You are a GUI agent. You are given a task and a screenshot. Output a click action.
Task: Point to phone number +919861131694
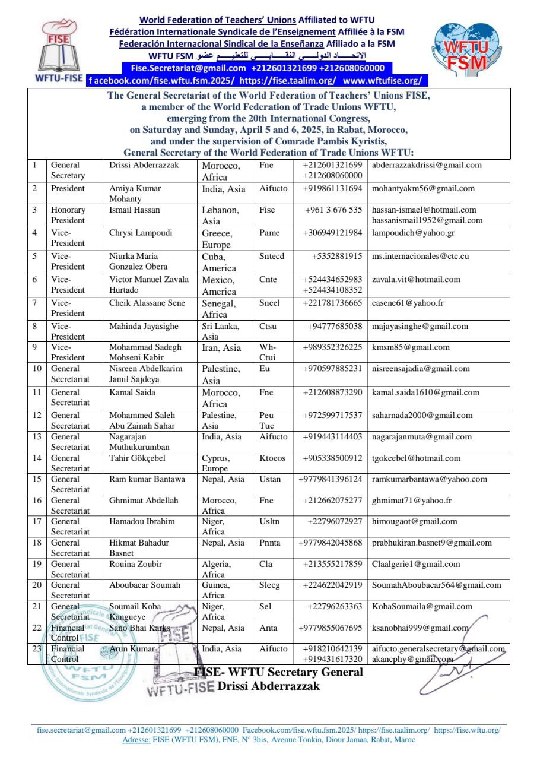pos(332,189)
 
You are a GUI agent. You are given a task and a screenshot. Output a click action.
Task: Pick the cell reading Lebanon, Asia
pos(221,215)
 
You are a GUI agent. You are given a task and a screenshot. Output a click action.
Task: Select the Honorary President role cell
pos(68,215)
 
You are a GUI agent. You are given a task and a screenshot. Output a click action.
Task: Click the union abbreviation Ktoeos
pos(272,458)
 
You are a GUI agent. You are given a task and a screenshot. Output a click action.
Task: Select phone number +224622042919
pos(332,585)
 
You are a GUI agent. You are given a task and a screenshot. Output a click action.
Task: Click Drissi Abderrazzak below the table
pos(269,686)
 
